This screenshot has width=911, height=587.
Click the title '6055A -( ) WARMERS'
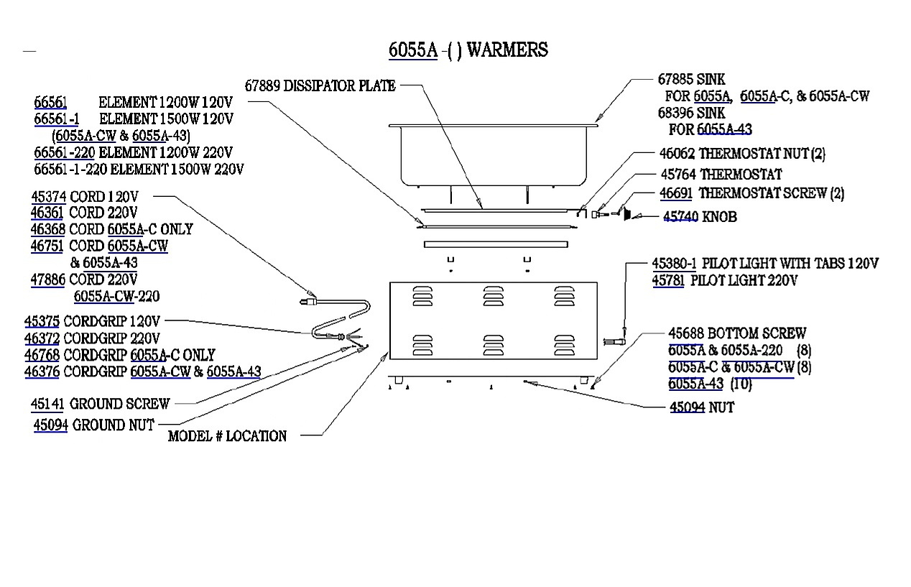[x=468, y=50]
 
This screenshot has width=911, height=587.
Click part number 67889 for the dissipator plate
[x=262, y=85]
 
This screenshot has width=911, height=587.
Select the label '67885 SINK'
[x=691, y=79]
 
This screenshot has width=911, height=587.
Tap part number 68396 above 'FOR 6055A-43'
[x=675, y=113]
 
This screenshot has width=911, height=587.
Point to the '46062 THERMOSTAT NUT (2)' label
[x=742, y=154]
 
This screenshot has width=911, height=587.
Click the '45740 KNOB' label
[x=700, y=217]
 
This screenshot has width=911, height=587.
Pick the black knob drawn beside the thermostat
[x=627, y=214]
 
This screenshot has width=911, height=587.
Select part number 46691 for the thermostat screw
[x=675, y=193]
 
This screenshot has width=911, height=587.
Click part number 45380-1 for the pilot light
[x=674, y=264]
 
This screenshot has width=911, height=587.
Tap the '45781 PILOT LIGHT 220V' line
[x=725, y=281]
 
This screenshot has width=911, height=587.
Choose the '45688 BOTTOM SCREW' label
[x=737, y=333]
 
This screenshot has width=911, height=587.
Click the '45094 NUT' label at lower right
[x=702, y=407]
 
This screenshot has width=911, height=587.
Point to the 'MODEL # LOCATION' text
[x=227, y=436]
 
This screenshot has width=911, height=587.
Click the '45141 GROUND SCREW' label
[x=100, y=404]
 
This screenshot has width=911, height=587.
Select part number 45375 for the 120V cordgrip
[x=42, y=321]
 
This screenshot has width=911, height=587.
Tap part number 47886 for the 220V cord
[x=47, y=280]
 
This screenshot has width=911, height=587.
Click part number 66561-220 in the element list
[x=64, y=153]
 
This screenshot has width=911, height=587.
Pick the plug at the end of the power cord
[x=308, y=302]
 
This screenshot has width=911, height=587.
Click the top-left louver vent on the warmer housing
[x=422, y=296]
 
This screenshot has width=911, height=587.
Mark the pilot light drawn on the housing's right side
[x=614, y=341]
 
